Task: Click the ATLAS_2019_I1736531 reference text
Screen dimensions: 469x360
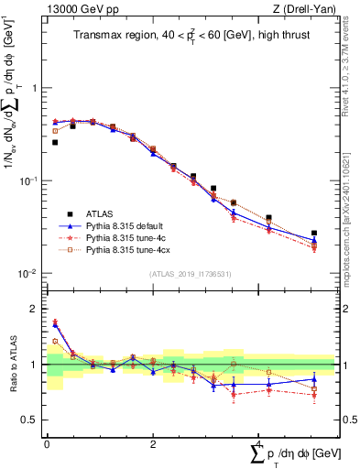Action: pyautogui.click(x=190, y=274)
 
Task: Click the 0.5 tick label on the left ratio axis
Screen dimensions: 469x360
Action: pyautogui.click(x=31, y=420)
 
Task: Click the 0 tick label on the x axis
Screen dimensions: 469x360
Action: pyautogui.click(x=47, y=443)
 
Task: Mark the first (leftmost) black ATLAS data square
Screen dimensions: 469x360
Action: pyautogui.click(x=55, y=143)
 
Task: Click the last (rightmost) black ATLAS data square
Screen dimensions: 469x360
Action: pyautogui.click(x=314, y=234)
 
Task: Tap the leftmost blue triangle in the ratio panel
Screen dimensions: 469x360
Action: pyautogui.click(x=55, y=323)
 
